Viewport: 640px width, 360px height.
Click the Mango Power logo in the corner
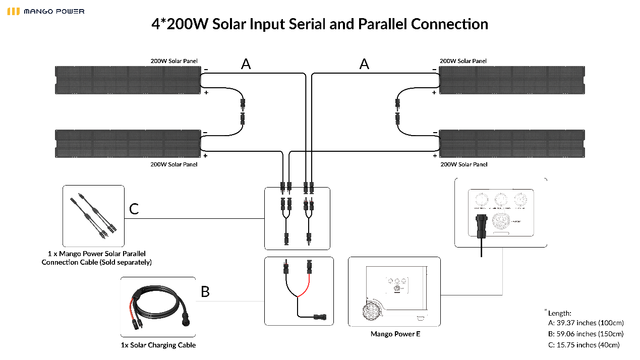pyautogui.click(x=45, y=11)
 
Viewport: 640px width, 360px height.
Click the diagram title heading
pyautogui.click(x=320, y=24)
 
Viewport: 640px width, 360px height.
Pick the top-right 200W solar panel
pyautogui.click(x=512, y=80)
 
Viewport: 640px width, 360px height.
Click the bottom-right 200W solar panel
pyautogui.click(x=512, y=144)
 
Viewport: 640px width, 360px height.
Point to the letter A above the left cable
pyautogui.click(x=246, y=64)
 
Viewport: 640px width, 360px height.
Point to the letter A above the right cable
pyautogui.click(x=364, y=64)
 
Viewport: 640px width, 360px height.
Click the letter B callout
pyautogui.click(x=205, y=291)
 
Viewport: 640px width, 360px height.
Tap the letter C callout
pyautogui.click(x=134, y=208)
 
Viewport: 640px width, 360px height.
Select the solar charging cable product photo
pyautogui.click(x=158, y=307)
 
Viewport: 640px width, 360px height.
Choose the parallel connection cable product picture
pyautogui.click(x=93, y=216)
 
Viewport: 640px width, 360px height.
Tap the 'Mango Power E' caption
pyautogui.click(x=395, y=334)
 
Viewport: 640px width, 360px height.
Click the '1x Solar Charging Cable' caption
pyautogui.click(x=158, y=345)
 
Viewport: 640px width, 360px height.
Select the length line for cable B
pyautogui.click(x=586, y=334)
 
